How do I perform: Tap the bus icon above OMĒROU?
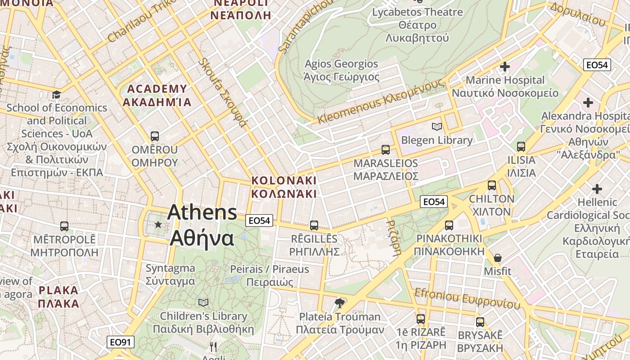pyautogui.click(x=155, y=136)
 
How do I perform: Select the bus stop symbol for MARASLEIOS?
pyautogui.click(x=386, y=150)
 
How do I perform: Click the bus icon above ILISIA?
pyautogui.click(x=521, y=147)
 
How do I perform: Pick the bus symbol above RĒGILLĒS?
pyautogui.click(x=314, y=225)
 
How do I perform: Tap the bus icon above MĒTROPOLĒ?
pyautogui.click(x=64, y=226)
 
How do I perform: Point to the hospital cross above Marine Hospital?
pyautogui.click(x=505, y=67)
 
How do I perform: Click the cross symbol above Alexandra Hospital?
pyautogui.click(x=588, y=103)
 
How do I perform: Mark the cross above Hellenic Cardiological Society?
pyautogui.click(x=597, y=189)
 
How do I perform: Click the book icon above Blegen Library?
pyautogui.click(x=436, y=127)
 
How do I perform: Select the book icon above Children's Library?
pyautogui.click(x=203, y=302)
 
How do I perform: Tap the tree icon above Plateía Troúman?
pyautogui.click(x=340, y=303)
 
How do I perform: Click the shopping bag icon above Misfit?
pyautogui.click(x=498, y=258)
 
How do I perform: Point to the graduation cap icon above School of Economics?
pyautogui.click(x=56, y=94)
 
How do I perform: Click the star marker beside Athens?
pyautogui.click(x=158, y=224)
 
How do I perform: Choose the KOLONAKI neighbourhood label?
pyautogui.click(x=284, y=187)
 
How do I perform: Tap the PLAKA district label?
pyautogui.click(x=58, y=297)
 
